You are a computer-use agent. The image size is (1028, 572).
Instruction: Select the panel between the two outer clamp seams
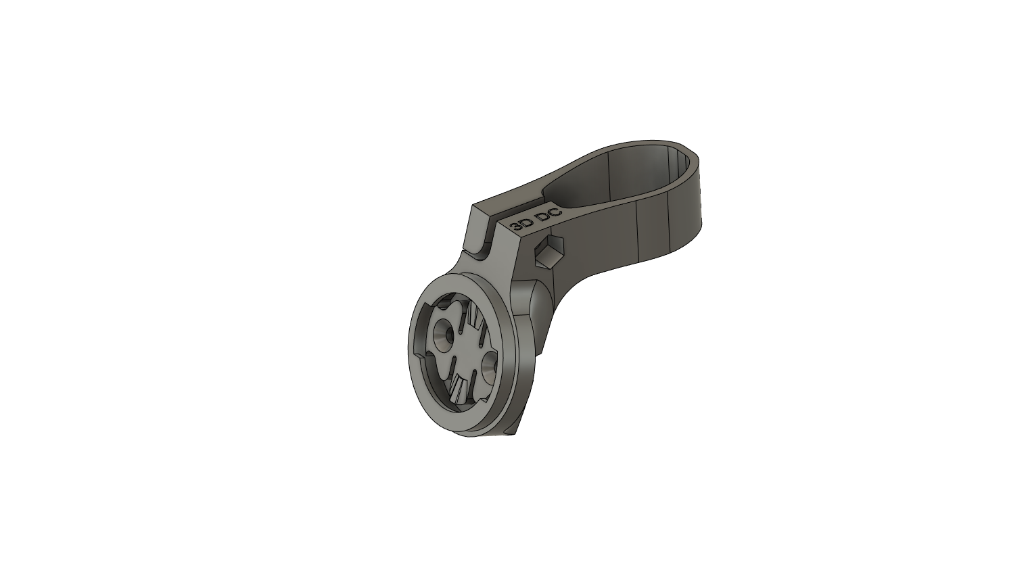pyautogui.click(x=653, y=230)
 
